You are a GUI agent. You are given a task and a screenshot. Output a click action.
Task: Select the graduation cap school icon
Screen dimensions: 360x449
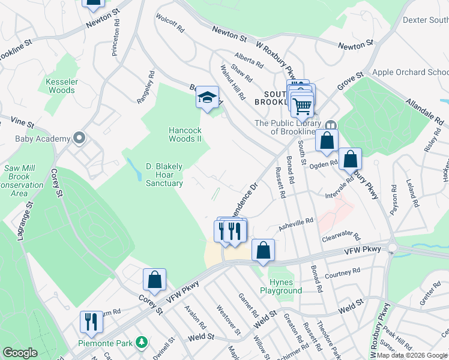click(208, 98)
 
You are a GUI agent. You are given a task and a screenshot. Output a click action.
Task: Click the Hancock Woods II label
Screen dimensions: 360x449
click(184, 134)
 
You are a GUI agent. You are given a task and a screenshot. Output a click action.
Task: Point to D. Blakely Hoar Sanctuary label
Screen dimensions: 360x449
click(164, 175)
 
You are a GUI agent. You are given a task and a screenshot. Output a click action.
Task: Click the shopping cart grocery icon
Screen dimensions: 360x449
click(303, 106)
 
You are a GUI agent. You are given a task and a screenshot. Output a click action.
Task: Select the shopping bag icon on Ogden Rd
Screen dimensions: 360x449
click(351, 160)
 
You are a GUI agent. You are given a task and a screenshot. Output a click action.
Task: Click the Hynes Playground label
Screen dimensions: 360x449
click(281, 286)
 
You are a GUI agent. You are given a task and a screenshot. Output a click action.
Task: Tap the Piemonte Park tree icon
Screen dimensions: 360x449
click(142, 342)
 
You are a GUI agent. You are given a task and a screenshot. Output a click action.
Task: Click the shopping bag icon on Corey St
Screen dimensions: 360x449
click(154, 280)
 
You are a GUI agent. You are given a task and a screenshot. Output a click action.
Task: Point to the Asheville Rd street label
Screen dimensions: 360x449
click(295, 223)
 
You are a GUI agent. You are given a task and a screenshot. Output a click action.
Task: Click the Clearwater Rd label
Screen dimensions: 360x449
click(340, 237)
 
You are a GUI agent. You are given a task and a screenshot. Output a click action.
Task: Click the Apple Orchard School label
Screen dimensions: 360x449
click(410, 72)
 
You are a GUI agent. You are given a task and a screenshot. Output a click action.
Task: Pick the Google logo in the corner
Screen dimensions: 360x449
click(20, 353)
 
